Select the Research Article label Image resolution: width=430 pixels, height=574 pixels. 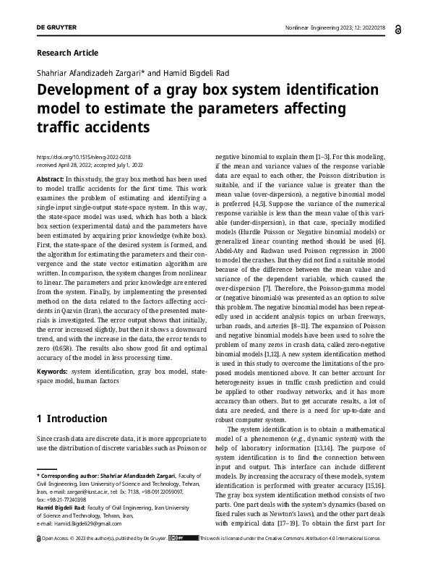[x=66, y=53]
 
